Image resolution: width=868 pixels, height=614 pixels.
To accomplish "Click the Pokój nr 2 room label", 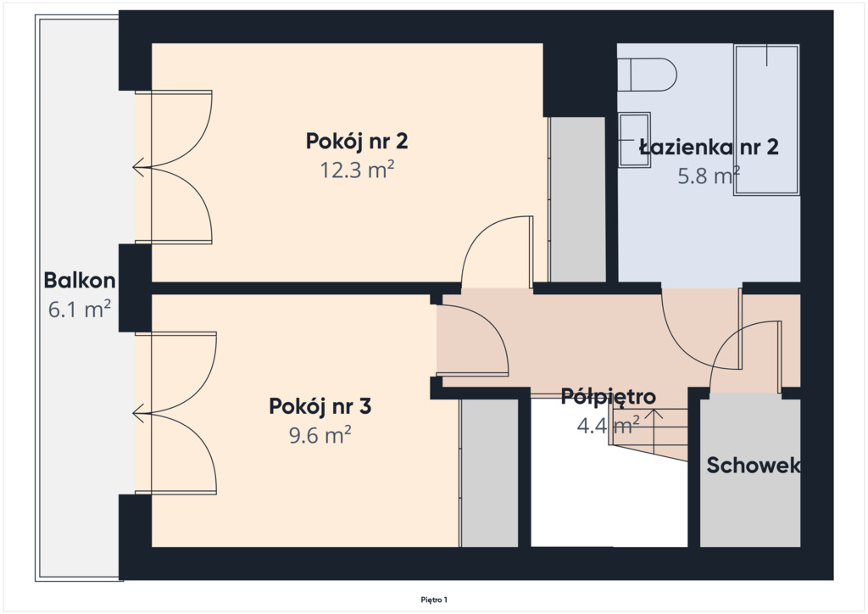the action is click(x=357, y=142).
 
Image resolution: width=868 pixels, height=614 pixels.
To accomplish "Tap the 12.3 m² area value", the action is click(x=357, y=170).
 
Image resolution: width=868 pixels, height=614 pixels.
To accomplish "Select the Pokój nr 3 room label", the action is click(x=320, y=407).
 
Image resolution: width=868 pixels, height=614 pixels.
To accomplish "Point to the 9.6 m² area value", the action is click(x=320, y=435).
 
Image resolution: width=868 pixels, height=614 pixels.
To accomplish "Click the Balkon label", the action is click(x=80, y=281).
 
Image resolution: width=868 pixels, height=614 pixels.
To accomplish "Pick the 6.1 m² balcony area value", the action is click(x=80, y=309).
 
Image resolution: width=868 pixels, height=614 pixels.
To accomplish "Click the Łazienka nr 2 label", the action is click(x=709, y=148).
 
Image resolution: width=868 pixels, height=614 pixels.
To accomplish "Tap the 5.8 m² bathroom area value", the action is click(x=709, y=176).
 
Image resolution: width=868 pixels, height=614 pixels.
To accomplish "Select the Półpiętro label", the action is click(x=609, y=397).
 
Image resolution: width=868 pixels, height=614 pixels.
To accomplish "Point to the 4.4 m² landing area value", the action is click(x=609, y=426).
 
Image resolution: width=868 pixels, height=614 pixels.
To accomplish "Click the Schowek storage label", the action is click(x=754, y=466).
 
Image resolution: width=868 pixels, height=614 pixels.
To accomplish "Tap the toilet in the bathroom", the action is click(x=647, y=75).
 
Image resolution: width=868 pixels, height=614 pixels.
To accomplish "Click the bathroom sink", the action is click(x=634, y=140).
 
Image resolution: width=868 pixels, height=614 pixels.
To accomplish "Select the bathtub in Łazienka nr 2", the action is click(x=766, y=120).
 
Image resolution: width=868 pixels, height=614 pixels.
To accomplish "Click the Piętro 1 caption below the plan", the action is click(x=434, y=600).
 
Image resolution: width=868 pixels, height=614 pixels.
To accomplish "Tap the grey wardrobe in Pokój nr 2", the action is click(x=576, y=199).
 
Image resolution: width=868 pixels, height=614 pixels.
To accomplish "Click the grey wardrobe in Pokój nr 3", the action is click(x=489, y=473).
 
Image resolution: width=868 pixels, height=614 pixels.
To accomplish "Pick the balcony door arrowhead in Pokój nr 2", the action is click(x=138, y=167).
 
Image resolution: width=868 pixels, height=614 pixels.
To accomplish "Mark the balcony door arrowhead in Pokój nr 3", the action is click(x=138, y=413).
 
